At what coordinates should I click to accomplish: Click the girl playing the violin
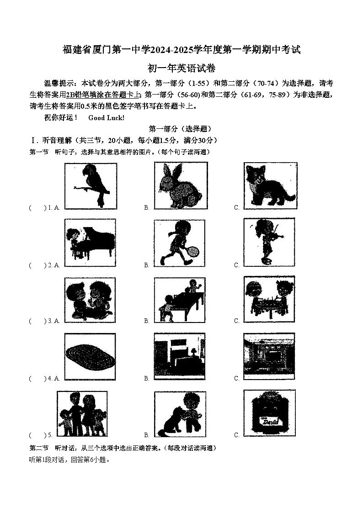coord(269,241)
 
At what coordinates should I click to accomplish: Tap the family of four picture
coord(82,414)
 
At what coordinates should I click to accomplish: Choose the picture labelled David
coord(269,414)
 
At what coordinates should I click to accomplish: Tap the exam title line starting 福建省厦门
coord(181,50)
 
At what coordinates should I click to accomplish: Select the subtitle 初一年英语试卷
coord(181,69)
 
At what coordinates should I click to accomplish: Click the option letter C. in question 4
coord(237,379)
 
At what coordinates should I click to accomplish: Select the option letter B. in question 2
coord(147,265)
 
